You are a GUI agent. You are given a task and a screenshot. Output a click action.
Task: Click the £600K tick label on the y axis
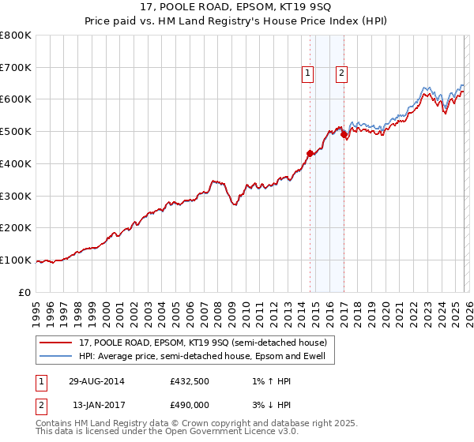tap(16, 99)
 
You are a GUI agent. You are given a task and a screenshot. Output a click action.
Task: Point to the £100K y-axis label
tap(16, 260)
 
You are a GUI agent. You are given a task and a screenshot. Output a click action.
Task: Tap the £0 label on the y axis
tap(24, 292)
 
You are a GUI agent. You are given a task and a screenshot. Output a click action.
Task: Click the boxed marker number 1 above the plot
tap(307, 73)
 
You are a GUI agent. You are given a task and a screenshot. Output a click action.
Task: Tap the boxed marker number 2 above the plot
tap(341, 73)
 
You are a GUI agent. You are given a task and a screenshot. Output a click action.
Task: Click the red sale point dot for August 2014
tap(310, 153)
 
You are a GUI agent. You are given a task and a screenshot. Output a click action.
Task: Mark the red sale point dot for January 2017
tap(344, 135)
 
